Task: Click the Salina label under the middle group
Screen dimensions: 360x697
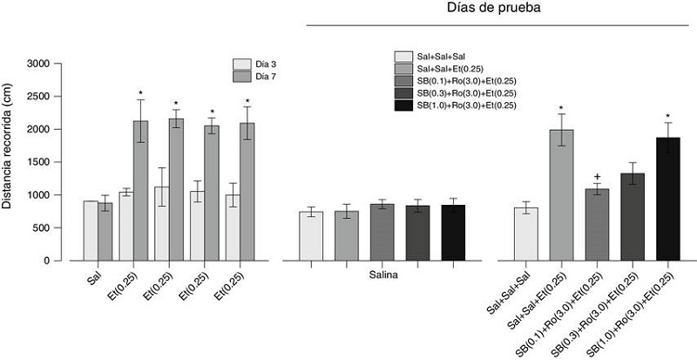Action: (382, 276)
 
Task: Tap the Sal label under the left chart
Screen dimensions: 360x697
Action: (95, 281)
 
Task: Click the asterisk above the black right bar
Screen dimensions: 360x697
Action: (667, 117)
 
